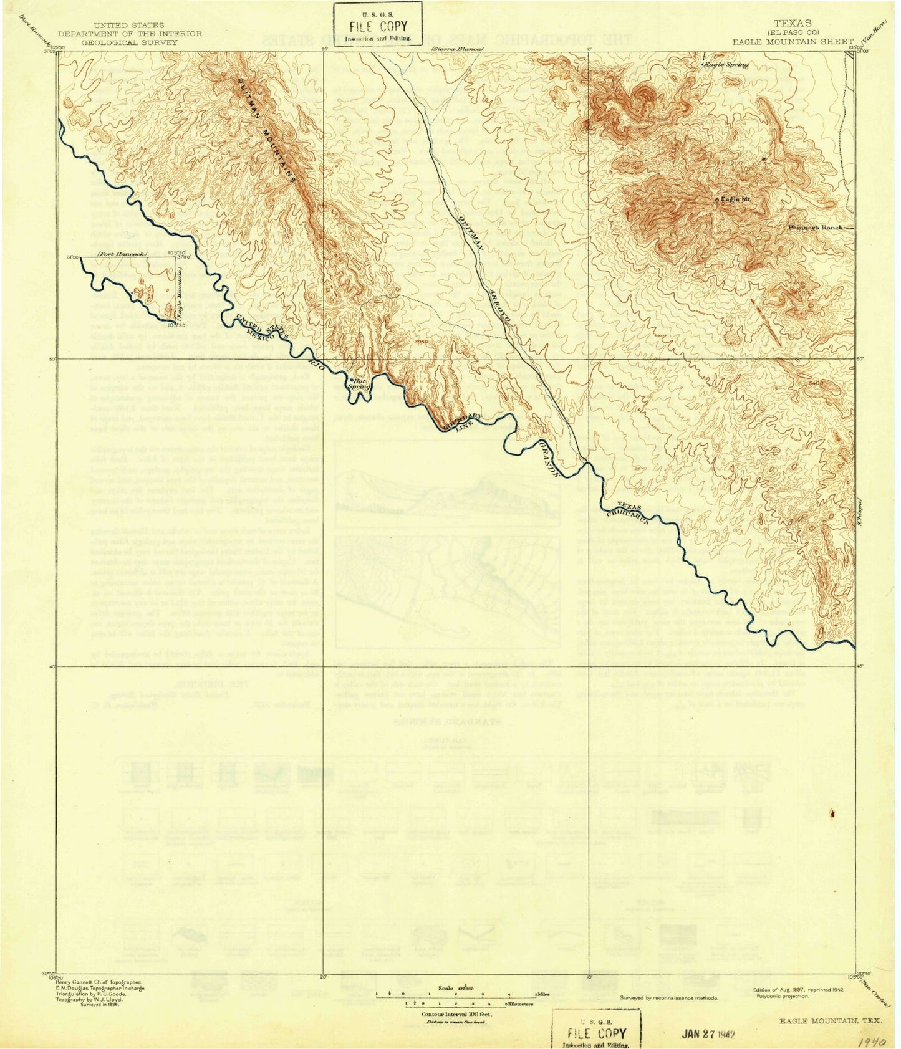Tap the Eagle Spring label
click(726, 64)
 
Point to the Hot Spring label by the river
click(360, 383)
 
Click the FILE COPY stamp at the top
click(377, 26)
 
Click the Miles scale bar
click(454, 995)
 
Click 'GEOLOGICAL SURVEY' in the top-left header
click(128, 42)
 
